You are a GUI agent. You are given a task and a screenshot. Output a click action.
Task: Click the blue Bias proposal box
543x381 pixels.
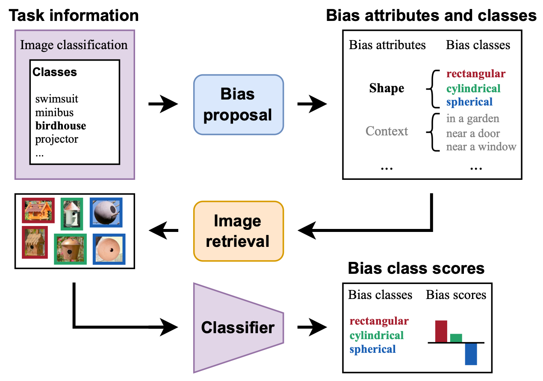tap(238, 105)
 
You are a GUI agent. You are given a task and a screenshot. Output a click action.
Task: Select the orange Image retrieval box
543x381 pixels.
tap(238, 231)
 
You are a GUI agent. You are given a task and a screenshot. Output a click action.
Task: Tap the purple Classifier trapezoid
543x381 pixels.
tap(238, 328)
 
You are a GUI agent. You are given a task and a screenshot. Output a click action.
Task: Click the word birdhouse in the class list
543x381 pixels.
tap(60, 126)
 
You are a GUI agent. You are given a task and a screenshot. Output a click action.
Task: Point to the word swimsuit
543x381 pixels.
tap(56, 100)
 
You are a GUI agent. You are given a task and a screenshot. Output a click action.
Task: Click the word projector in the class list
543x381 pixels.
tap(56, 139)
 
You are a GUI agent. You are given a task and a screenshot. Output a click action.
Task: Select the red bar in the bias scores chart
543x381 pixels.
tap(441, 331)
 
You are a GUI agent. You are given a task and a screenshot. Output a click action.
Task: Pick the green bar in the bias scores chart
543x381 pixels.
tap(456, 337)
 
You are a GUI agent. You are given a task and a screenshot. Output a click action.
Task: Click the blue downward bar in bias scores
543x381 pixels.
tap(471, 354)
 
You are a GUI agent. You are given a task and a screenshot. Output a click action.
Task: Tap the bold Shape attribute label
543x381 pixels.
tap(387, 88)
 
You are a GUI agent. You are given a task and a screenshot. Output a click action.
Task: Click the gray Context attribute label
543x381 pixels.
tap(387, 131)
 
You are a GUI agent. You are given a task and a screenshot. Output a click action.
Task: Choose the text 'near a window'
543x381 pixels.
tap(481, 147)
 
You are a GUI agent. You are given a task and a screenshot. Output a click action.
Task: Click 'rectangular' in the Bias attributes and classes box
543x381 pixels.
tap(475, 74)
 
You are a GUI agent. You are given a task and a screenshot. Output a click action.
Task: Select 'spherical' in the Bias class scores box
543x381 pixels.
tap(372, 349)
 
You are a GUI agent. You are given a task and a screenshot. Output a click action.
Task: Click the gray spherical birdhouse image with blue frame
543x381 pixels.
tap(106, 212)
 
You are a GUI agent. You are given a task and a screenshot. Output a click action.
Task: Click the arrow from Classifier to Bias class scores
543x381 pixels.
tap(311, 328)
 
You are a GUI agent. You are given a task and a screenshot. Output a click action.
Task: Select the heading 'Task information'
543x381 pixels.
tap(74, 16)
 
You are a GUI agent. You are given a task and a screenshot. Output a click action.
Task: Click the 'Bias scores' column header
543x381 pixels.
tap(456, 295)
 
